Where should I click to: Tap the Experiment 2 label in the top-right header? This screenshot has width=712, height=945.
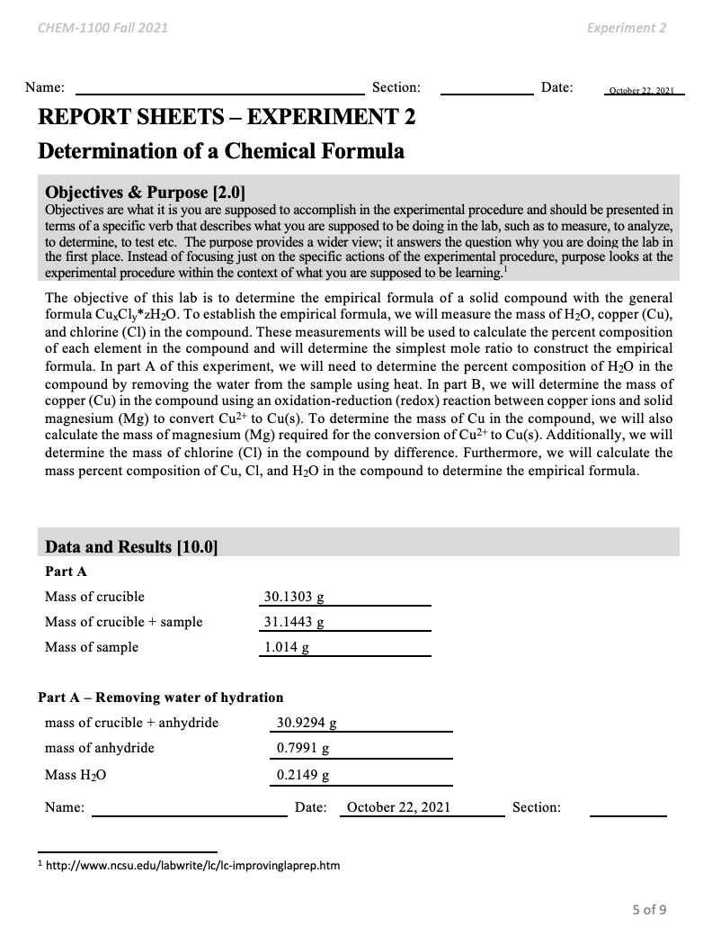(x=626, y=28)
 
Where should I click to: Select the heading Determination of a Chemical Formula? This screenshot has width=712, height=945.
(x=220, y=150)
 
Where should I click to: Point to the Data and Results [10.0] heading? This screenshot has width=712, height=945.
(x=131, y=546)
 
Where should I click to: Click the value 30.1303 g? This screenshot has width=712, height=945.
(x=294, y=596)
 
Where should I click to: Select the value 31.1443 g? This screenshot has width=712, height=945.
(x=294, y=621)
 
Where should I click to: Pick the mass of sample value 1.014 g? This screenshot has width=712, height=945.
(x=287, y=646)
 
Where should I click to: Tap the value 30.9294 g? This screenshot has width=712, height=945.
(x=307, y=722)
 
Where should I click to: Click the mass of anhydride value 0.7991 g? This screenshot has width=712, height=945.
(x=303, y=748)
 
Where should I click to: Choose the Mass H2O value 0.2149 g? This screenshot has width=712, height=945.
(x=303, y=774)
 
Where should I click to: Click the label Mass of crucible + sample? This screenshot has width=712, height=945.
(x=123, y=621)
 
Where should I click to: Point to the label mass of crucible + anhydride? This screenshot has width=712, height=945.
(x=131, y=722)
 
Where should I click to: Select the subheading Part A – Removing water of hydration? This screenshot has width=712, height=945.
(x=160, y=697)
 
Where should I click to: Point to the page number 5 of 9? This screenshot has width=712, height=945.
(x=648, y=909)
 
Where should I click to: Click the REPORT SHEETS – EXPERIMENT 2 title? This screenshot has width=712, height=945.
(x=227, y=118)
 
